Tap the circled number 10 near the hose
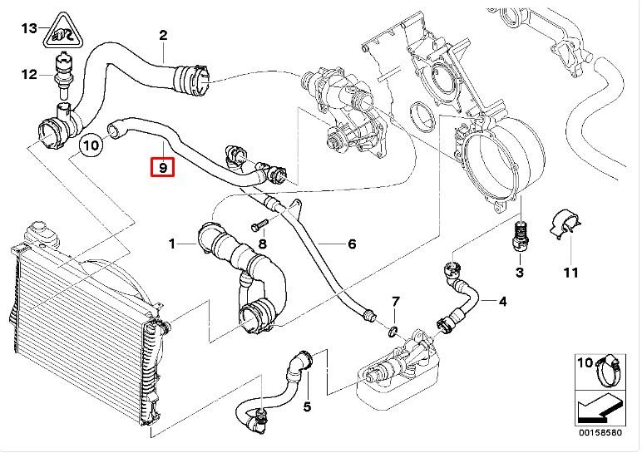coord(91,146)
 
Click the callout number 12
coord(28,75)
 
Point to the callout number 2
coord(164,35)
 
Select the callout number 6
coord(352,244)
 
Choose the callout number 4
coord(502,300)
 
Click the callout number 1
coord(172,244)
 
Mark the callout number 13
coord(28,29)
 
